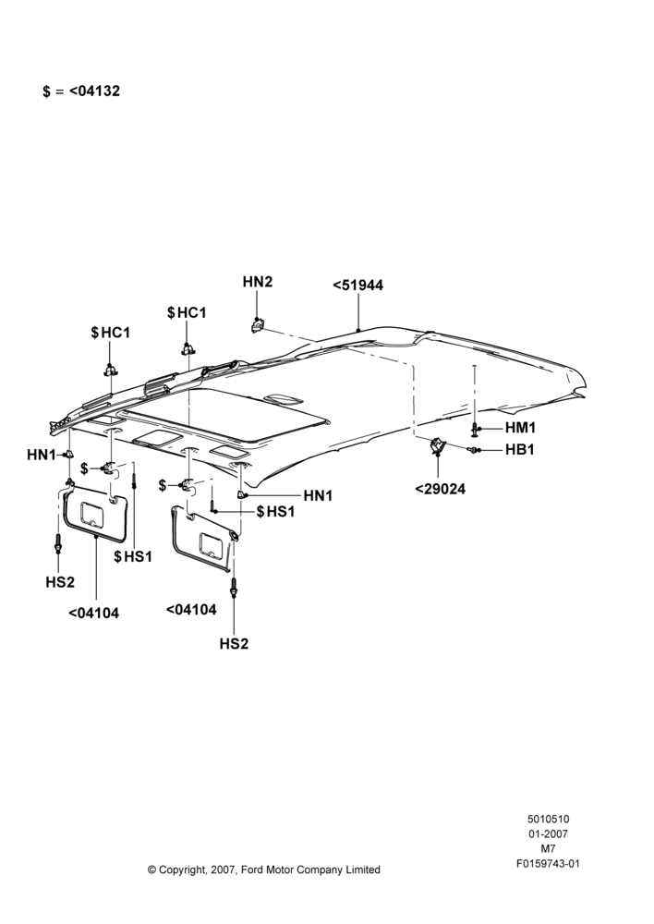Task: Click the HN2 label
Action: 258,282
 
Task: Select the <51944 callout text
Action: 358,286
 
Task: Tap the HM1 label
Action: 521,428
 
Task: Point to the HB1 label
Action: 520,450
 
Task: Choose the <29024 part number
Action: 440,489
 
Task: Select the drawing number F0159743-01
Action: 548,864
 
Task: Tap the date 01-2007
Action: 548,833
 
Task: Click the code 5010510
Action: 548,819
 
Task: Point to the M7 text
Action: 548,849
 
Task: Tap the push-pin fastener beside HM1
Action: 475,430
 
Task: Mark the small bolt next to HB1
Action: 473,450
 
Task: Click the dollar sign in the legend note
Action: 46,91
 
